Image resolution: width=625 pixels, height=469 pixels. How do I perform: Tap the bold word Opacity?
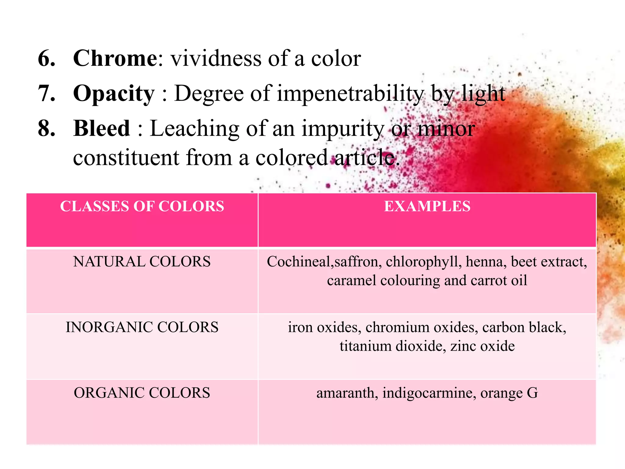[114, 93]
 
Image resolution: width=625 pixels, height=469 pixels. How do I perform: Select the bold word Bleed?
[102, 128]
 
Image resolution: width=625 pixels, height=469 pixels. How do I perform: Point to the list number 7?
[46, 93]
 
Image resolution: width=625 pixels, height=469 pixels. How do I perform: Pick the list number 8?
[46, 128]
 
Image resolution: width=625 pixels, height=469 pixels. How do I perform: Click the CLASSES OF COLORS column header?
[142, 206]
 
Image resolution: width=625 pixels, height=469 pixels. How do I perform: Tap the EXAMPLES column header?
[427, 206]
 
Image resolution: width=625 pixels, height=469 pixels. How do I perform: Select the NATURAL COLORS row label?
[142, 262]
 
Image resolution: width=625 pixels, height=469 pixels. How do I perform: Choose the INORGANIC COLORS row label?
[142, 327]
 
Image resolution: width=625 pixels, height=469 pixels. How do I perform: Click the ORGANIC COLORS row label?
[142, 393]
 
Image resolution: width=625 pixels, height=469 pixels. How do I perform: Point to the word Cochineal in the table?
[299, 262]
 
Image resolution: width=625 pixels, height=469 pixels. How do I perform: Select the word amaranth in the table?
[345, 393]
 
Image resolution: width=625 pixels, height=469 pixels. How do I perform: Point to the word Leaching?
[194, 129]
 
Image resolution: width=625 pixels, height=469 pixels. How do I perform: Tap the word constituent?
[126, 158]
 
